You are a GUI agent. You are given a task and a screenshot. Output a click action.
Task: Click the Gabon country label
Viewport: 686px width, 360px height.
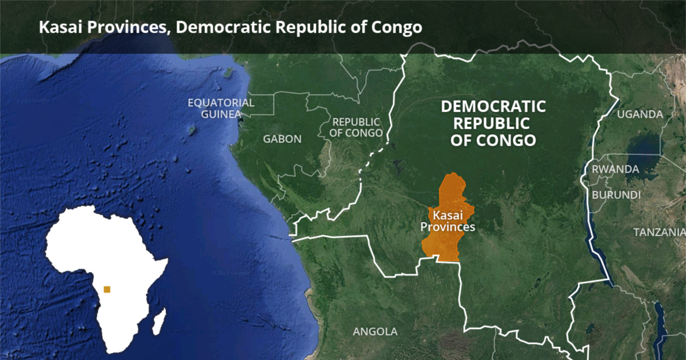282,139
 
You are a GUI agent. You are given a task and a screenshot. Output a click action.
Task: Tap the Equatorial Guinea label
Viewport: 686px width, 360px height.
221,108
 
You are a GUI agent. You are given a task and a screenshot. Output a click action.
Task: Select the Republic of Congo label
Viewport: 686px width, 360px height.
356,127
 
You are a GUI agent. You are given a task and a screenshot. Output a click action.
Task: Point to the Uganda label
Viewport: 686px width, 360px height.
640,114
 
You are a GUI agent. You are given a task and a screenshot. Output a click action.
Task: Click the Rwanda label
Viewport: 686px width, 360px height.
615,169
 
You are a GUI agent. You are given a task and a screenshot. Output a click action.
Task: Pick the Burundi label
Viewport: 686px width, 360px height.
616,195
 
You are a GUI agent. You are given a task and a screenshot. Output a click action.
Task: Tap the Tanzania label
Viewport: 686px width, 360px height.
659,232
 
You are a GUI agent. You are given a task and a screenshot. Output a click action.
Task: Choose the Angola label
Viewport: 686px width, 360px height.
375,331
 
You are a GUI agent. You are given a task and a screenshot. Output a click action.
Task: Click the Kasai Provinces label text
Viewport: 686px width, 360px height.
448,221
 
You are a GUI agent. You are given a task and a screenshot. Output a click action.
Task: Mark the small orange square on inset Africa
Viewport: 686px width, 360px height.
107,289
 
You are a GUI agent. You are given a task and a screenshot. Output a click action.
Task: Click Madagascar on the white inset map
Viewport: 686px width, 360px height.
159,322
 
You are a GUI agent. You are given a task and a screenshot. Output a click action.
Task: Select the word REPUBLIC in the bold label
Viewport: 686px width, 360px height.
493,123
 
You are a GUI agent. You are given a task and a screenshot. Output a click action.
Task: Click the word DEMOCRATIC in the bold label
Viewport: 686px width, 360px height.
493,106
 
